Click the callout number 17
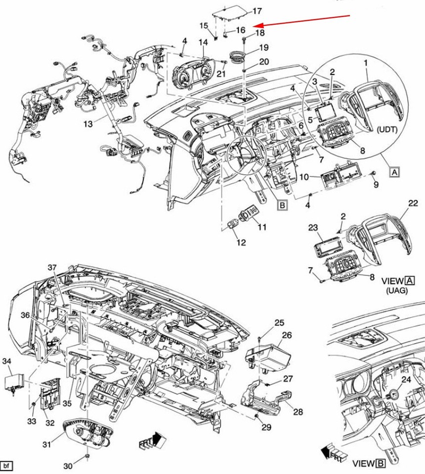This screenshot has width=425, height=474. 257,11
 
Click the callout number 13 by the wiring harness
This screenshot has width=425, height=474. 87,123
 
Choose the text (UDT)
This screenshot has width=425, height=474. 391,129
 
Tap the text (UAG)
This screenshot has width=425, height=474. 397,291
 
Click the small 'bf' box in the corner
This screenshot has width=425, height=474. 6,466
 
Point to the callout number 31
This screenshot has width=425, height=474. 46,445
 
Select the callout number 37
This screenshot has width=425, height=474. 52,268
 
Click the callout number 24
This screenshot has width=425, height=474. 406,379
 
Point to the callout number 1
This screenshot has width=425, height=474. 366,63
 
